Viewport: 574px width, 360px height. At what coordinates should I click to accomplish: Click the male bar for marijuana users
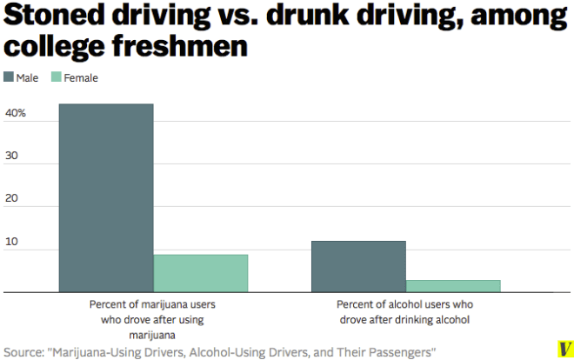[x=106, y=198]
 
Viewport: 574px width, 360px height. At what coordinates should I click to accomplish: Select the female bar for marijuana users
[x=201, y=273]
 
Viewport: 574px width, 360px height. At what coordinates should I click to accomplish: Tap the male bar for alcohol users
[x=358, y=266]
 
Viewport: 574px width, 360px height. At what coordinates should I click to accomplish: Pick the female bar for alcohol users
[x=453, y=286]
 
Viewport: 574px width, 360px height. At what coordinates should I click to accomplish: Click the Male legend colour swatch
[x=9, y=77]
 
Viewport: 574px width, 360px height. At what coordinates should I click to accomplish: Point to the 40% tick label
[x=16, y=113]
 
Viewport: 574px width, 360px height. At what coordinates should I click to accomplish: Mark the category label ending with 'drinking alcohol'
[x=403, y=312]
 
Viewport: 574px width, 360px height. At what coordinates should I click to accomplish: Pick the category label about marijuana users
[x=152, y=319]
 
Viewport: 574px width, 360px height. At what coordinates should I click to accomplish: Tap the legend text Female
[x=82, y=77]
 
